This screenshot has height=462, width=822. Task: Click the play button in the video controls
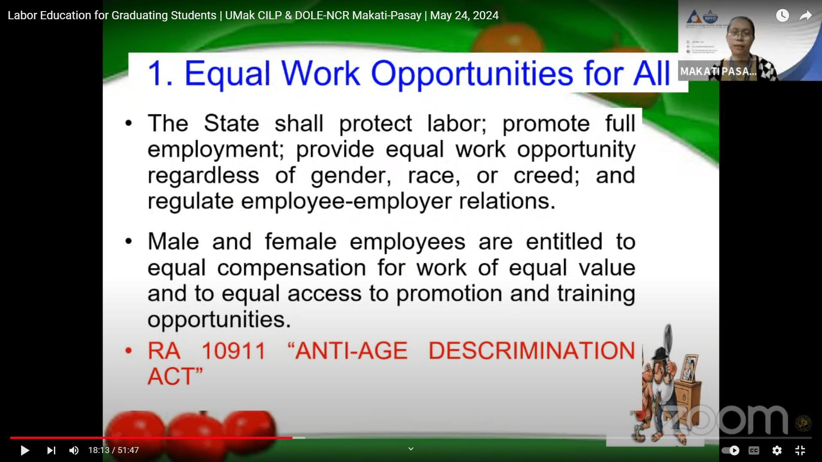(x=25, y=450)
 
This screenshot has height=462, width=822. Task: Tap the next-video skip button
(x=51, y=450)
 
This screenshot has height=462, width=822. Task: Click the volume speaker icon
(x=74, y=450)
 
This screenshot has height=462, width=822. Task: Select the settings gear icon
(x=777, y=450)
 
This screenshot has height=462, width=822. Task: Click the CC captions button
(x=754, y=450)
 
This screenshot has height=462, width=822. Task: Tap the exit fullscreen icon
(x=800, y=450)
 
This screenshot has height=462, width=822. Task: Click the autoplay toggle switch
(x=730, y=450)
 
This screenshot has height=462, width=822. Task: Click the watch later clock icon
(x=782, y=16)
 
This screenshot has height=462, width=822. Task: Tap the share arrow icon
(x=806, y=16)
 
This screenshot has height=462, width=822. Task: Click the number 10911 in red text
(x=234, y=351)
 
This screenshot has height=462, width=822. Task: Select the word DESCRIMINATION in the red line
(x=532, y=351)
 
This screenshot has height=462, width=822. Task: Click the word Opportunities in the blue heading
(x=471, y=74)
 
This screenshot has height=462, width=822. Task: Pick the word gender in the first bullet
(x=351, y=176)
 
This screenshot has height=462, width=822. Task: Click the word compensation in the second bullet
(x=292, y=268)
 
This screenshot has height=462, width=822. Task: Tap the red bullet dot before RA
(x=128, y=351)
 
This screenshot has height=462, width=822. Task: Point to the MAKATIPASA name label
(x=718, y=71)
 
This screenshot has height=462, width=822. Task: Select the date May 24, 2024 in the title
(x=464, y=15)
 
